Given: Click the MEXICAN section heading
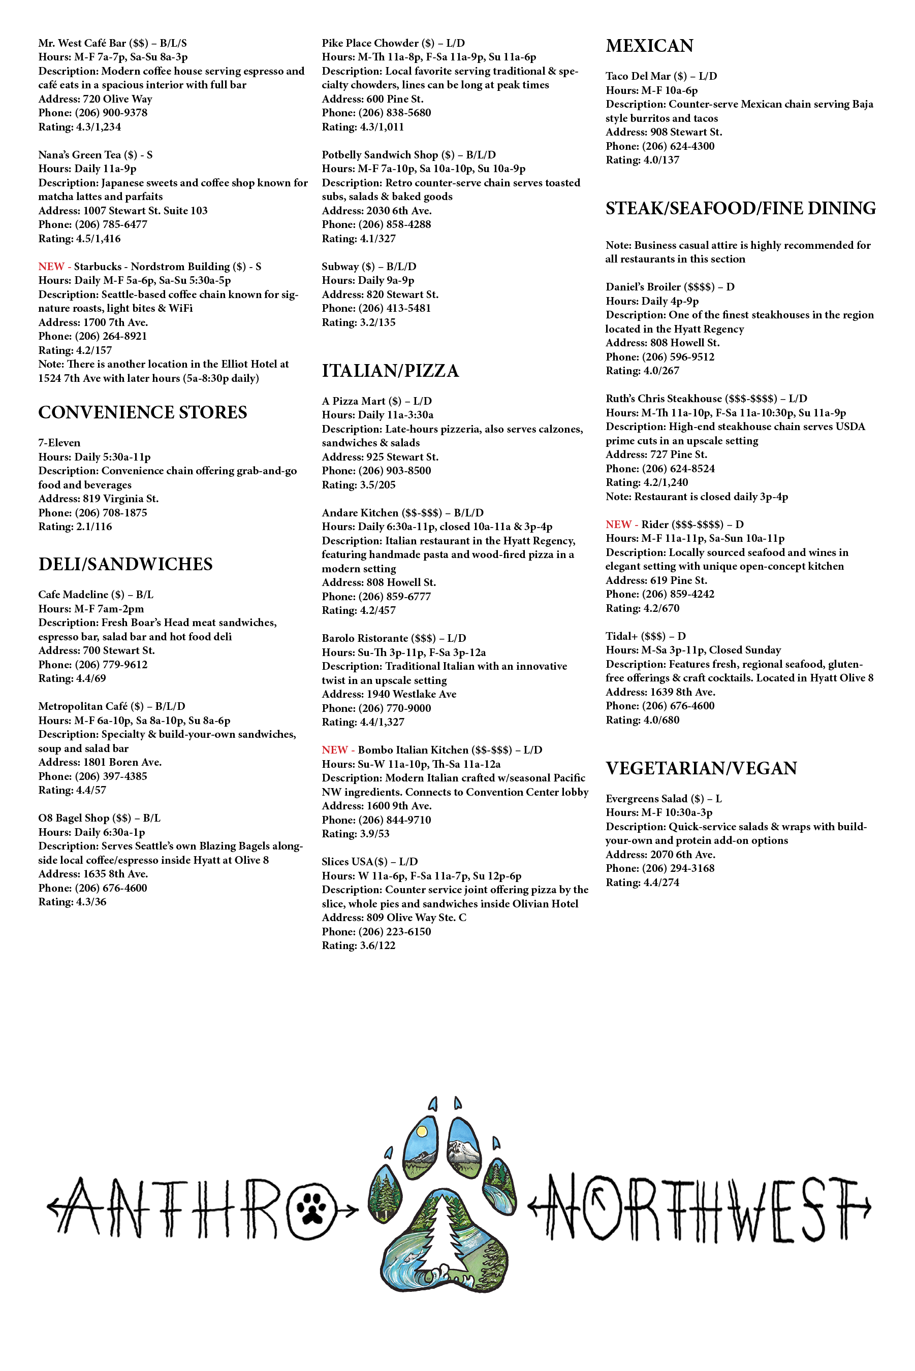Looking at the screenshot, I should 649,46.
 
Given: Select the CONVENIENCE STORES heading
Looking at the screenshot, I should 142,412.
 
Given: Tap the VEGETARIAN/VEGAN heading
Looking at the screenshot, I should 701,768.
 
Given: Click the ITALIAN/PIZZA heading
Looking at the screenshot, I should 390,370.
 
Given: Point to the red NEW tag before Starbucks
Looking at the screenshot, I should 51,267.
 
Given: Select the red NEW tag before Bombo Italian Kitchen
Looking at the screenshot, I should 334,750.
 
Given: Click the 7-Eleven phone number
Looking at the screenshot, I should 93,512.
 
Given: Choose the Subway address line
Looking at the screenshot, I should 380,295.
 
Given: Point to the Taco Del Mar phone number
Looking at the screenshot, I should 659,146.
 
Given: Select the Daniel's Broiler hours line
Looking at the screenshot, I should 652,301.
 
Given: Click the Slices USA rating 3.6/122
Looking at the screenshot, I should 358,945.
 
